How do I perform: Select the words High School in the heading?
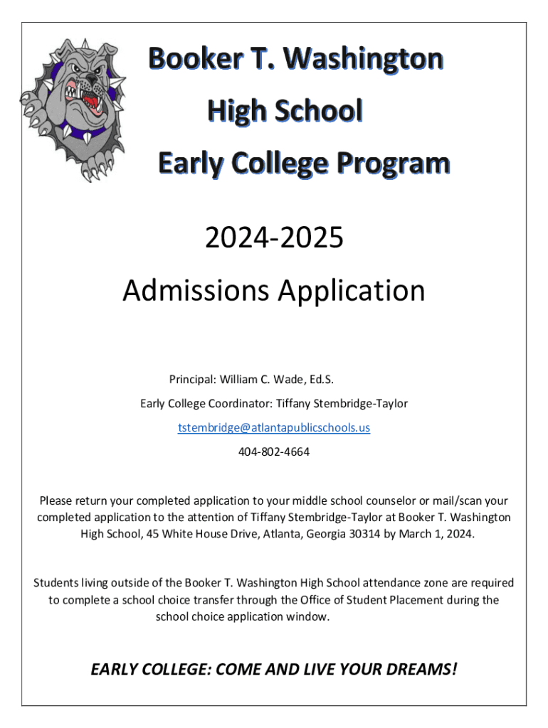[x=285, y=111]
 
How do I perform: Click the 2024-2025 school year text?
[x=274, y=238]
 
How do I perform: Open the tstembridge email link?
[x=274, y=427]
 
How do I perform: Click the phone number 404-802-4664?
[x=274, y=451]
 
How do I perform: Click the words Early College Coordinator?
[x=205, y=404]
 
